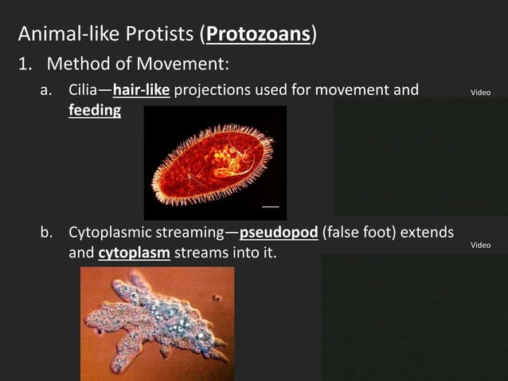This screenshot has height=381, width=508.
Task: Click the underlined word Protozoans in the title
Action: [x=258, y=35]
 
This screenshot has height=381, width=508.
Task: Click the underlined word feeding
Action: [x=95, y=110]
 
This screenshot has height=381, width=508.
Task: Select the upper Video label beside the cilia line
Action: [x=481, y=93]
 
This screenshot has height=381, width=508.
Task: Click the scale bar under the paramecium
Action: [x=271, y=206]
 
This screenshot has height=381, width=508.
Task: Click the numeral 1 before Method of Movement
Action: [x=25, y=63]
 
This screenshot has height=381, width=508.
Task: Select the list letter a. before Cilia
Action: [x=48, y=90]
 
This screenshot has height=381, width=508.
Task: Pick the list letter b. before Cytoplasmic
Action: [x=48, y=234]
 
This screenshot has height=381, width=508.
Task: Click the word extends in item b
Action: [x=428, y=234]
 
